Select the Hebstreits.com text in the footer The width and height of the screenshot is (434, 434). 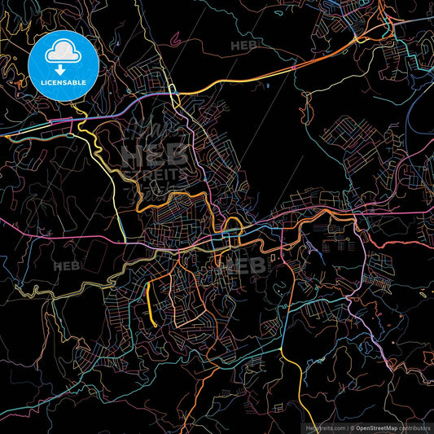pos(322,426)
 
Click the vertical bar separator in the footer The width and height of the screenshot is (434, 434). pos(345,426)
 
